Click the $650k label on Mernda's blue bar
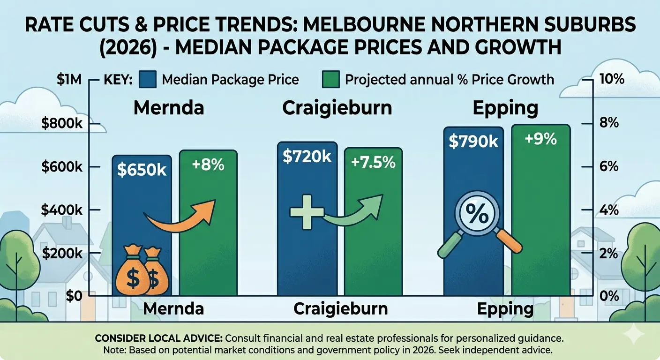[142, 170]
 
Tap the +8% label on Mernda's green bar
[208, 165]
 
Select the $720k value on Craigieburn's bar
[307, 156]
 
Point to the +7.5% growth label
[373, 162]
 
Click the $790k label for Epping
[473, 142]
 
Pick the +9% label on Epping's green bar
[540, 139]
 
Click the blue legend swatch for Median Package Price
[148, 80]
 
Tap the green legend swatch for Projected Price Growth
[330, 80]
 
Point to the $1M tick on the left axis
[69, 80]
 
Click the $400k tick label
[62, 210]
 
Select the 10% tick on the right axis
[611, 79]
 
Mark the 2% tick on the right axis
[609, 254]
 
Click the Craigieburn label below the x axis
[340, 309]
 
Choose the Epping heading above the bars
[505, 108]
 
